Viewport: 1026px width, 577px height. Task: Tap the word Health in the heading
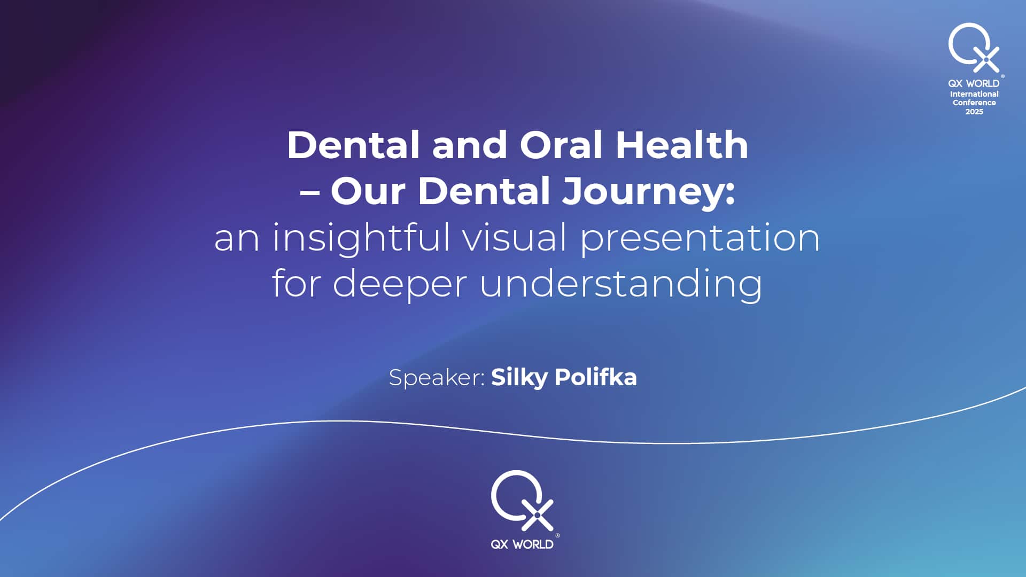[x=682, y=145]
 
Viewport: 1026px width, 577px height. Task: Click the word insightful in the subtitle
[x=361, y=239]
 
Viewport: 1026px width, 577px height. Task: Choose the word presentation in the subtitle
[x=700, y=239]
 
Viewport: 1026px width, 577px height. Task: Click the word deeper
[x=400, y=284]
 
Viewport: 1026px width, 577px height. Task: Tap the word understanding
[x=621, y=284]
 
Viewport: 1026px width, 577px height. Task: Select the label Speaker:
[x=437, y=378]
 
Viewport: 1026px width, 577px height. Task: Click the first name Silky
[x=519, y=378]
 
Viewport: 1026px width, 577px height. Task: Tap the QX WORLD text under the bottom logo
[x=522, y=544]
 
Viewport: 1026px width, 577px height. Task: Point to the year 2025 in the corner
[x=974, y=112]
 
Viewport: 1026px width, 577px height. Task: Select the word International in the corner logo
[x=974, y=94]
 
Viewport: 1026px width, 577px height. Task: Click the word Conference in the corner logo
[x=974, y=103]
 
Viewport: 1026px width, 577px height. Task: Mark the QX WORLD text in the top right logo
[x=974, y=83]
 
